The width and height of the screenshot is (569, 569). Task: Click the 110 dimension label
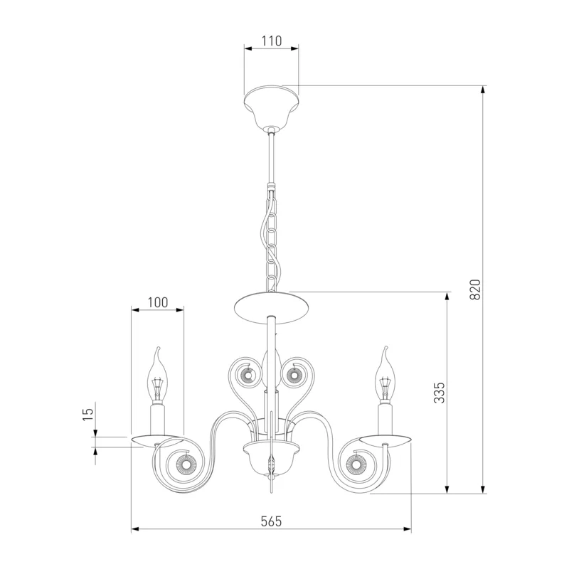coord(272,41)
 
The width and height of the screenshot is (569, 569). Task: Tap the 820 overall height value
coord(474,289)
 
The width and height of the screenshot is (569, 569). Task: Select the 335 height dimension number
coord(439,393)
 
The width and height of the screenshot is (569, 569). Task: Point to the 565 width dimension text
coord(271,521)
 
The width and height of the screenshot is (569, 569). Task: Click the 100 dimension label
coord(158,302)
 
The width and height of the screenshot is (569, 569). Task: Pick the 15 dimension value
coord(87,414)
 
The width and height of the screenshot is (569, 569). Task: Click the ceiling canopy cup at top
coord(272,107)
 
